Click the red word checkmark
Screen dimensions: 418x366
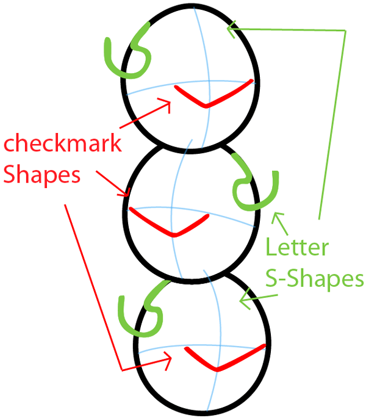[62, 146]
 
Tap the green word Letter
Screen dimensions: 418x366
[298, 248]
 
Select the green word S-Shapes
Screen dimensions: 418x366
[314, 279]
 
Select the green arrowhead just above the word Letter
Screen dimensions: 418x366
[278, 217]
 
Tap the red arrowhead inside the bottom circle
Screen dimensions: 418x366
[170, 362]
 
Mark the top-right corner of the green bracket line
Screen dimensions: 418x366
[345, 31]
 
